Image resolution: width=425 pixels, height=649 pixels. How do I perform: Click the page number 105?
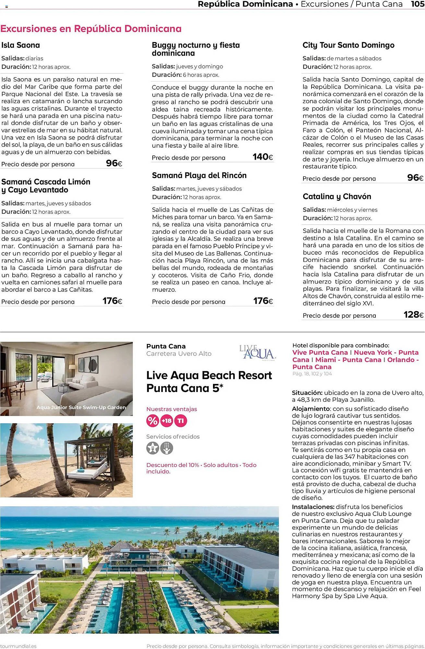click(418, 4)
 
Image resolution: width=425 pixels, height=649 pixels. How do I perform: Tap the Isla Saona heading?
click(21, 45)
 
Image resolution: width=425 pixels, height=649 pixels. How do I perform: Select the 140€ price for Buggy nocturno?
click(263, 157)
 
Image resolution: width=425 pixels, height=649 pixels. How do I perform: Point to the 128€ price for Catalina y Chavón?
click(413, 314)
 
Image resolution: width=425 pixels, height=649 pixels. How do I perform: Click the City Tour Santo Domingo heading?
click(348, 45)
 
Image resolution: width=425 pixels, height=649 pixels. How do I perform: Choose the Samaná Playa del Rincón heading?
click(199, 176)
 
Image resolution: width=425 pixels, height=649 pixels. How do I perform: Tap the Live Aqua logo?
click(257, 352)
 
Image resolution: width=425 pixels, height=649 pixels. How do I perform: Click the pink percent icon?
click(152, 421)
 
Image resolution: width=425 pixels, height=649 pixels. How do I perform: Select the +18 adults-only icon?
click(167, 421)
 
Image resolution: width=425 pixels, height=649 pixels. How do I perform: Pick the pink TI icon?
click(181, 421)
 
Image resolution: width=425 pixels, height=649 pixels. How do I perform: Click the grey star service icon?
click(152, 448)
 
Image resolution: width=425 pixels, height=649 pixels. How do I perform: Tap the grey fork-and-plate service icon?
click(167, 448)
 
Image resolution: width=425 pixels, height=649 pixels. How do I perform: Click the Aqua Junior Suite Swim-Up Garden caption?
click(81, 407)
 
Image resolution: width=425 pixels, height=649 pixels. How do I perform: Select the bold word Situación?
click(307, 393)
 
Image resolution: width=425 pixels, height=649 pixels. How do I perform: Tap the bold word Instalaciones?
click(313, 507)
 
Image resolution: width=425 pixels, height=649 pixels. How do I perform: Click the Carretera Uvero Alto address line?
click(179, 354)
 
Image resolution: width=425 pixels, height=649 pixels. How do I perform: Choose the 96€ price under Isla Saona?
click(114, 163)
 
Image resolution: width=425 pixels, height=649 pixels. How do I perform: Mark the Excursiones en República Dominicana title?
click(91, 29)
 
